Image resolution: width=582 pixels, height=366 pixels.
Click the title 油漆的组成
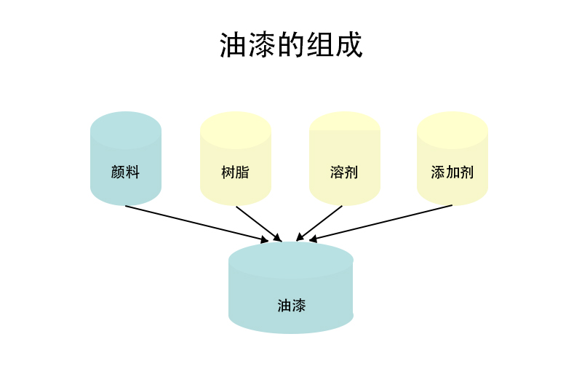(291, 45)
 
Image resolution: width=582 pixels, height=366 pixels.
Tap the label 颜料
(125, 172)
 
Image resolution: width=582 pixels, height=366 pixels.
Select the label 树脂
(235, 172)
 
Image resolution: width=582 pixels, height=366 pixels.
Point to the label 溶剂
(344, 172)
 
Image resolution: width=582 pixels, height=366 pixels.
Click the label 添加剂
(452, 172)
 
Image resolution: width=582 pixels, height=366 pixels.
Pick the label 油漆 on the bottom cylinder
(291, 305)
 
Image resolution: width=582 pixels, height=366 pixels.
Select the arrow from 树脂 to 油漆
(257, 222)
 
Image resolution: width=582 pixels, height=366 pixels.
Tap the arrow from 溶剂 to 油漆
(320, 222)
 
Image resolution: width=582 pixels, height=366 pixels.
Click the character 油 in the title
(233, 45)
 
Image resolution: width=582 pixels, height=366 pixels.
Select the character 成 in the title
(349, 45)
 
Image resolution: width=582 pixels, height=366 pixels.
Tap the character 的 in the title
(291, 45)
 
